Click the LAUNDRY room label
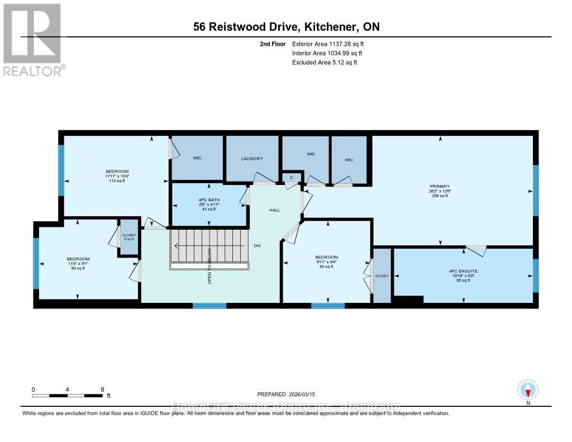(x=252, y=159)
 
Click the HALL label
(x=274, y=210)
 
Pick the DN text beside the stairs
(x=258, y=245)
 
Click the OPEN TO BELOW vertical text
(x=209, y=266)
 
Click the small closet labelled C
(x=291, y=178)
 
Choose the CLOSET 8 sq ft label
(x=128, y=237)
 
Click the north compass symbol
(x=528, y=389)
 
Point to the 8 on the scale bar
(x=102, y=389)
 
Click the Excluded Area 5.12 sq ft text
(x=325, y=63)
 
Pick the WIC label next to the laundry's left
(x=197, y=159)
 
